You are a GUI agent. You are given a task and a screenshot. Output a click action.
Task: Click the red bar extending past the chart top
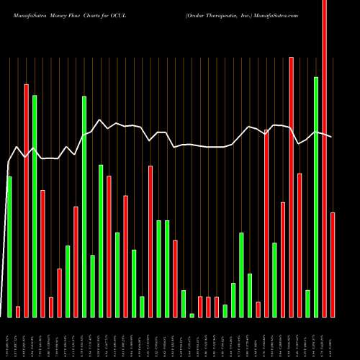point(324,158)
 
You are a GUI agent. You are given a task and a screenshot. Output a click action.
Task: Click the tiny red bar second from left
point(18,311)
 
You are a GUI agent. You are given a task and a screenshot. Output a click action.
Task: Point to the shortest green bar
point(192,315)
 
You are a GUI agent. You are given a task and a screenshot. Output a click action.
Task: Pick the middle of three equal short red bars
point(208,307)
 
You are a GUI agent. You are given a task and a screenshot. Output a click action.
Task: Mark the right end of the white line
point(332,136)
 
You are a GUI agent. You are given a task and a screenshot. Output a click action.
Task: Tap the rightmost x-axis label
point(333,338)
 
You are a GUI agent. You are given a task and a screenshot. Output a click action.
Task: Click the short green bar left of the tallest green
point(307,303)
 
